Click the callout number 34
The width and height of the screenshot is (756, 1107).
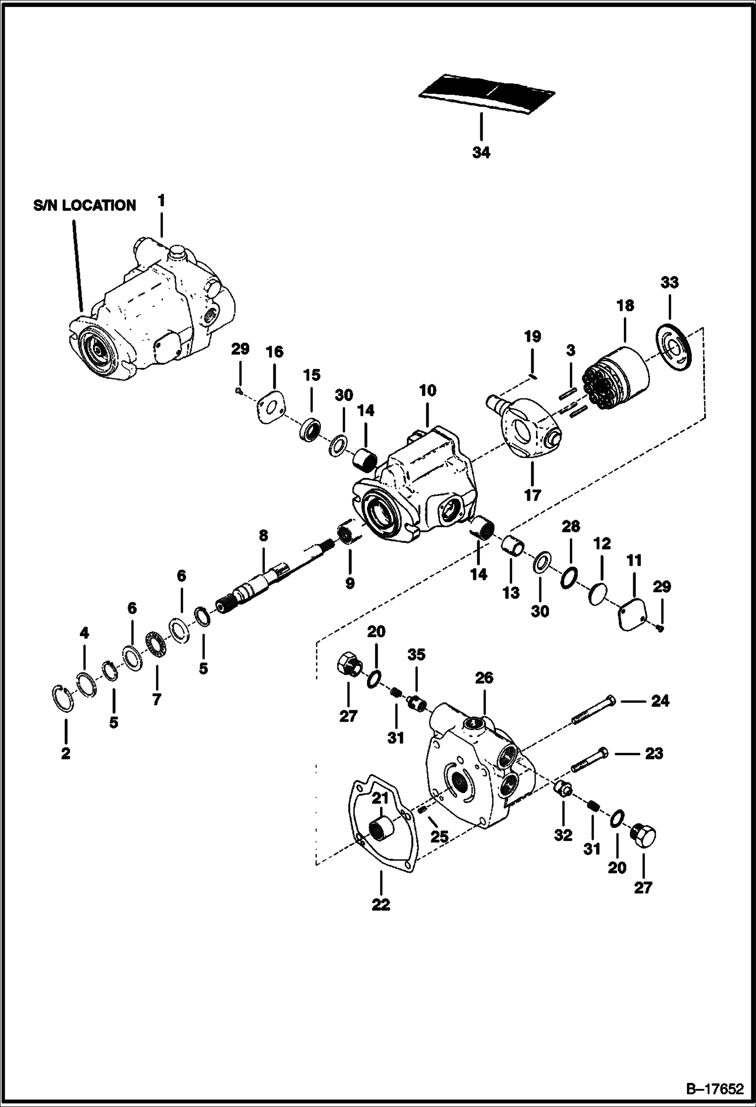(481, 153)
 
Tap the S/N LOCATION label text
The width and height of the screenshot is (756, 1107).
(85, 205)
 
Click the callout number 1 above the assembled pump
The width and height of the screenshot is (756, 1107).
(161, 201)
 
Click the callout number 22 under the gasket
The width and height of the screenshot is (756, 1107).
(381, 905)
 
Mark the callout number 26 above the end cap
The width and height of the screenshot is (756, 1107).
(484, 678)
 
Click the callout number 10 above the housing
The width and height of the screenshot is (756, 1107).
(427, 391)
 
